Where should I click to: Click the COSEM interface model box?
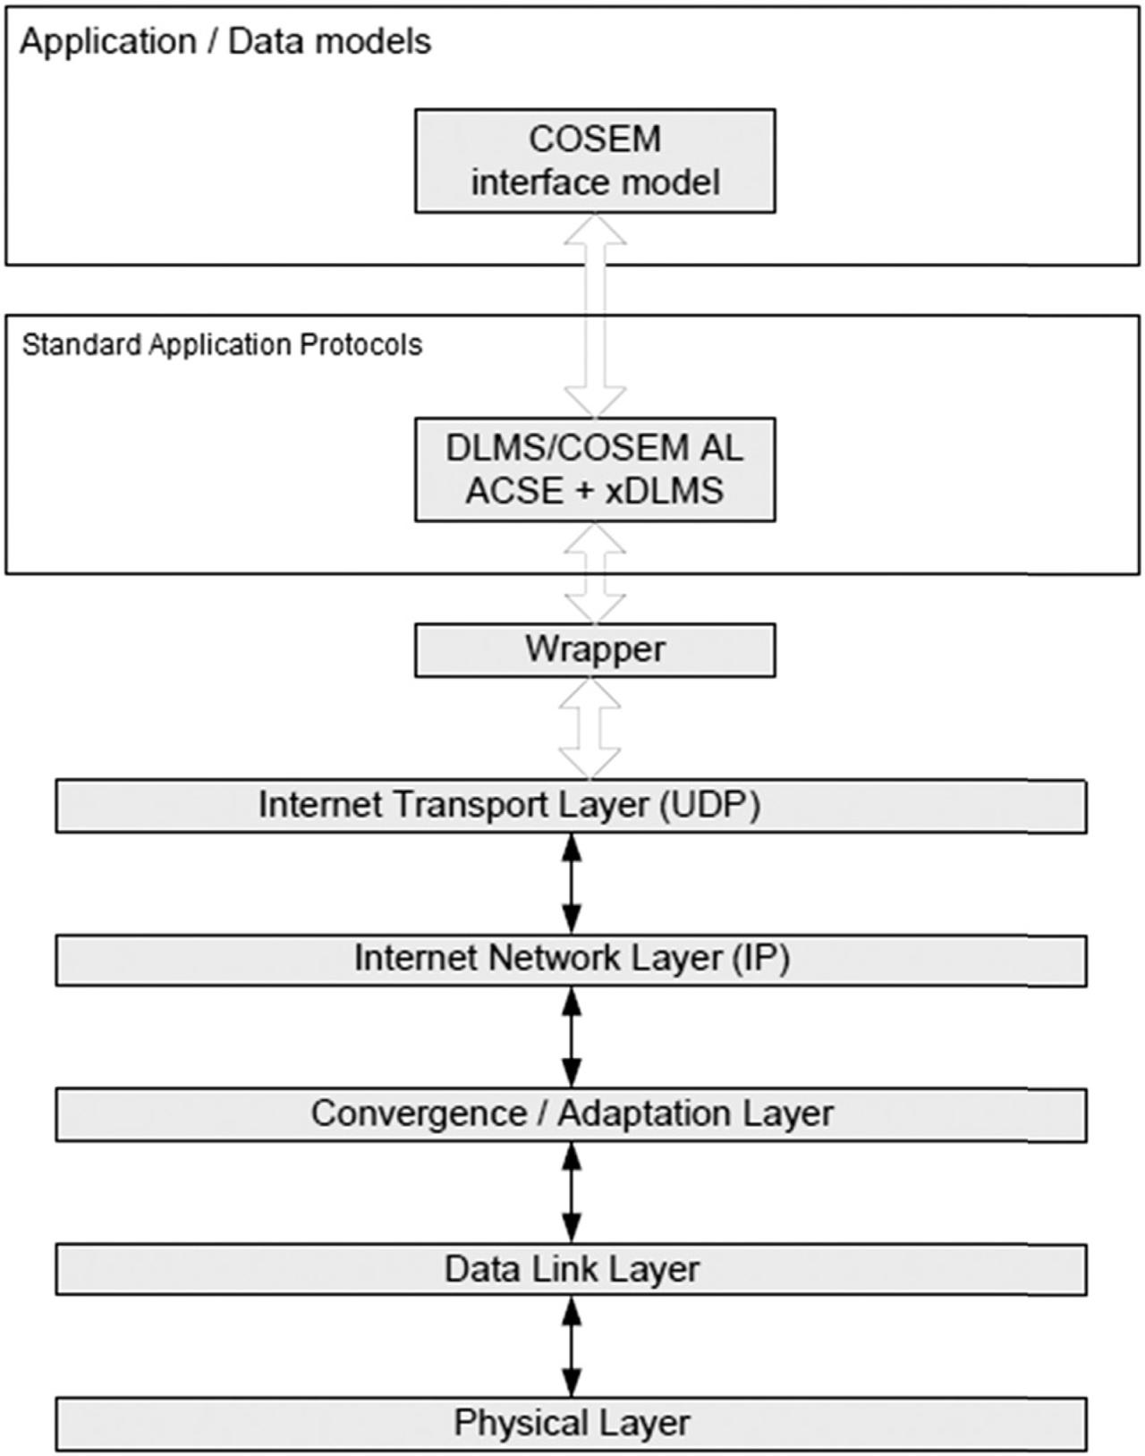pyautogui.click(x=595, y=161)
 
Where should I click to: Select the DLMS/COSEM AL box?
pyautogui.click(x=595, y=470)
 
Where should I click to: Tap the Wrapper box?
pyautogui.click(x=595, y=650)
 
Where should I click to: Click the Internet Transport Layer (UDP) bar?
pyautogui.click(x=571, y=807)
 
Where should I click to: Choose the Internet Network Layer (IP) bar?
pyautogui.click(x=571, y=961)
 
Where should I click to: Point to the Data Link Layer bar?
pyautogui.click(x=571, y=1269)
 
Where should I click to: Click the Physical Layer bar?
pyautogui.click(x=571, y=1424)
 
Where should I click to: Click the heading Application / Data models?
pyautogui.click(x=225, y=42)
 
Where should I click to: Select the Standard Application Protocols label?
pyautogui.click(x=222, y=345)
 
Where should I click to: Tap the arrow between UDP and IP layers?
pyautogui.click(x=572, y=884)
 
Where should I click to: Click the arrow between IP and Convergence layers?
pyautogui.click(x=572, y=1037)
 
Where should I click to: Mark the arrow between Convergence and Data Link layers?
pyautogui.click(x=572, y=1192)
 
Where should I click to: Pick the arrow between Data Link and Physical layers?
pyautogui.click(x=572, y=1346)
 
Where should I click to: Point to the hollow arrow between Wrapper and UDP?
pyautogui.click(x=589, y=729)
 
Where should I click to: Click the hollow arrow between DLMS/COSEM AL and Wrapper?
pyautogui.click(x=595, y=572)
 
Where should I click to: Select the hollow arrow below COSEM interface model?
pyautogui.click(x=595, y=316)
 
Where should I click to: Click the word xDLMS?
pyautogui.click(x=664, y=491)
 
